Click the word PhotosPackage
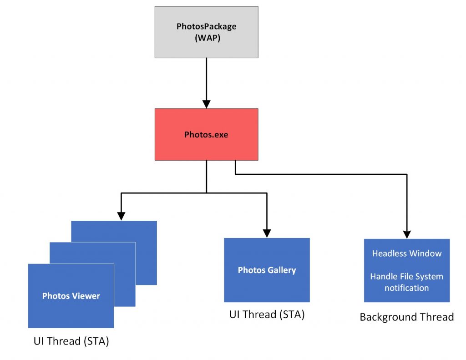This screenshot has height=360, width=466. pos(206,26)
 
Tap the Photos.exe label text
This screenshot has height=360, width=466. pos(206,135)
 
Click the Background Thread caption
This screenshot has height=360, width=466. pos(406,317)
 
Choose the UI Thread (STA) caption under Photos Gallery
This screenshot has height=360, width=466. pos(267,314)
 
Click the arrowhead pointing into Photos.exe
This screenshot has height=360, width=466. pos(206,104)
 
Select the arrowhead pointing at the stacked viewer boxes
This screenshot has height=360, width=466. pos(121,216)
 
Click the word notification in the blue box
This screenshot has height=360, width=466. pos(406,288)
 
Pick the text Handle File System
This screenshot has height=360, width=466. pos(406,277)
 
